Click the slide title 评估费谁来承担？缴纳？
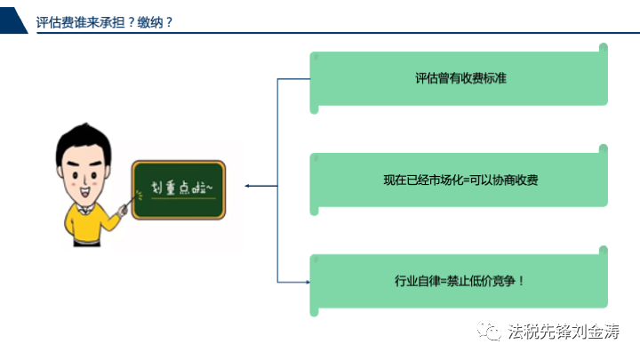tap(104, 22)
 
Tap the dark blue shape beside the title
tap(12, 20)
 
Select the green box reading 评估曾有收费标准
tap(459, 78)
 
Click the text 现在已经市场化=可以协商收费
tap(460, 180)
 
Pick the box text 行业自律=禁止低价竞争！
tap(460, 281)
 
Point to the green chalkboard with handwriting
tap(179, 190)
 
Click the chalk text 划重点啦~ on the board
tap(182, 188)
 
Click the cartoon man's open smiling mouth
tap(84, 191)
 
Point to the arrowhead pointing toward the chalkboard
tap(247, 186)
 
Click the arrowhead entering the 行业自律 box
tap(308, 282)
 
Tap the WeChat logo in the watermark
tap(489, 331)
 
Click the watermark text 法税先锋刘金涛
tap(564, 331)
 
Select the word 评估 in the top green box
tap(427, 78)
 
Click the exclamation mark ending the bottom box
tap(521, 281)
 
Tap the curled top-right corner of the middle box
tap(604, 149)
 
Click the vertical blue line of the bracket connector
tap(277, 180)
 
